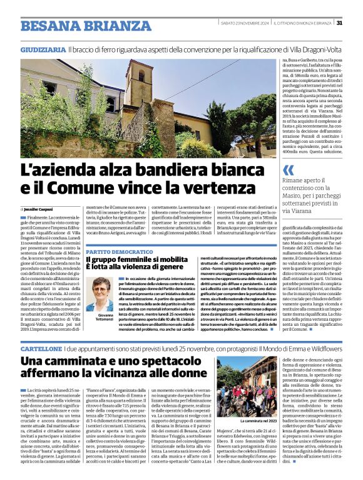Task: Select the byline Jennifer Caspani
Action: (37, 209)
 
